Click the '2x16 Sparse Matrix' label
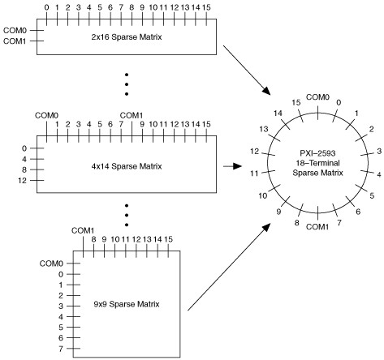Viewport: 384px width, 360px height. pos(127,36)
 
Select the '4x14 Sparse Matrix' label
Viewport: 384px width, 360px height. pos(127,166)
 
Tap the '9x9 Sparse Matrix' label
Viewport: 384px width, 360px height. pos(127,304)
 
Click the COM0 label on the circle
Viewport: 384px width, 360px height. pos(317,97)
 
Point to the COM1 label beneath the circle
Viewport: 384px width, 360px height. pos(317,227)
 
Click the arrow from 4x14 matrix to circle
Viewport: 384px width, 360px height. pos(232,166)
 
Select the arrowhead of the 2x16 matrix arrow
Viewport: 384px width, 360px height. pos(266,91)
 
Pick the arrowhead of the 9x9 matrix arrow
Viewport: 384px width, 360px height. pos(266,228)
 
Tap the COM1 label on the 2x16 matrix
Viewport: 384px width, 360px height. pos(15,41)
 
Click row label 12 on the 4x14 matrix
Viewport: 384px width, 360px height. pos(23,180)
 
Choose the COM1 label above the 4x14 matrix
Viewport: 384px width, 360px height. pos(132,116)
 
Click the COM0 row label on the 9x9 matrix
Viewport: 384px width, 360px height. pos(51,264)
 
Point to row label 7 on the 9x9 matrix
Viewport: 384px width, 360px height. pos(61,349)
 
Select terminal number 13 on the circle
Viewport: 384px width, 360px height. pos(264,129)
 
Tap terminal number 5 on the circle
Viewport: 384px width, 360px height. pos(372,195)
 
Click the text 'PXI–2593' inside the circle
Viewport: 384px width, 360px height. pos(317,153)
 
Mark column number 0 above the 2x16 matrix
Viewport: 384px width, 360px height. pos(46,7)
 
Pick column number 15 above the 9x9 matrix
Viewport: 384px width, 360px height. pos(168,239)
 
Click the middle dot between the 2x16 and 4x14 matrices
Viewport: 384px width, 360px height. pos(127,84)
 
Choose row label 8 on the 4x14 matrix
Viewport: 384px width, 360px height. pos(24,169)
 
